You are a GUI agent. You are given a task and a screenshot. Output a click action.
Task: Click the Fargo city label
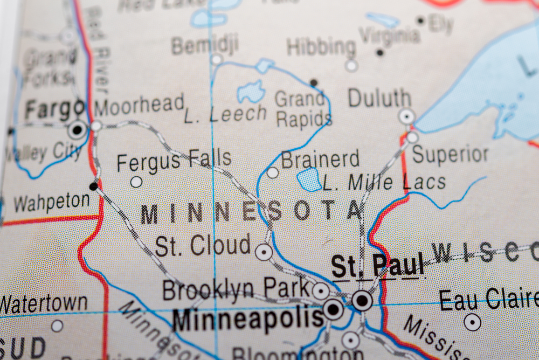[x=54, y=110]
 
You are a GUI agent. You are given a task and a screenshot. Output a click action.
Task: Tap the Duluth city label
[x=379, y=99]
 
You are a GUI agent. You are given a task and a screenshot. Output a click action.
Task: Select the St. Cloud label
[x=203, y=246]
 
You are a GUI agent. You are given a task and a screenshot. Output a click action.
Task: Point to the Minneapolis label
[x=248, y=319]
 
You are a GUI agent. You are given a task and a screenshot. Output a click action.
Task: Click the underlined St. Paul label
[x=377, y=266]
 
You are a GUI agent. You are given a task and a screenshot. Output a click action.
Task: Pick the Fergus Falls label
[x=174, y=161]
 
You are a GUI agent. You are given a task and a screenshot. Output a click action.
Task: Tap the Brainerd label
[x=320, y=160]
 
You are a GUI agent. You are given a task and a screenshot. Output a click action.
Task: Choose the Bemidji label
[x=205, y=46]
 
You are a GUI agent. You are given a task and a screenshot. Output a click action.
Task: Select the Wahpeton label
[x=52, y=203]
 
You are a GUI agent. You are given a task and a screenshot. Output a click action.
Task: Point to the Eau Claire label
[x=488, y=300]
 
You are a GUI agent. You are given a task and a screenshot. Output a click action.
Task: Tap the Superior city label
[x=451, y=155]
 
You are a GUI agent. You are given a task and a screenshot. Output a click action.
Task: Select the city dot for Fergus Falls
[x=136, y=182]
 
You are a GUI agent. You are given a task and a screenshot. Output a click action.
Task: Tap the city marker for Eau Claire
[x=472, y=322]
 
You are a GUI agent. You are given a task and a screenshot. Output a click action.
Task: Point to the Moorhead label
[x=139, y=105]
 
